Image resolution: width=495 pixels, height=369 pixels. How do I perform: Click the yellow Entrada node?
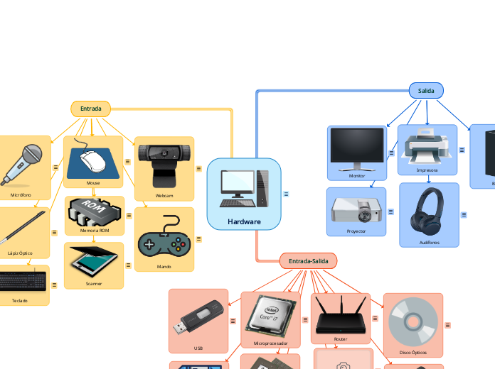click(90, 109)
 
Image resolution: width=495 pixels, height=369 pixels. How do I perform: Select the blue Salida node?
click(426, 90)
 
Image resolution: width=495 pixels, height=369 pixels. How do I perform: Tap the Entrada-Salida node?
click(308, 261)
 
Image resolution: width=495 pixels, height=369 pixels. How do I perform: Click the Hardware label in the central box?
click(244, 221)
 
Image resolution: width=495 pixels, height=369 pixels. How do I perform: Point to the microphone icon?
click(23, 164)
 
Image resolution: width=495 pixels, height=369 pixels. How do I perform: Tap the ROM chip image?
click(94, 211)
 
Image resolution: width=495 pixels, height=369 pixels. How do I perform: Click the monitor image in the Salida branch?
click(357, 148)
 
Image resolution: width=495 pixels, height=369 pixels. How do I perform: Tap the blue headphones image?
click(430, 211)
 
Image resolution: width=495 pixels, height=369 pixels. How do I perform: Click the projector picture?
click(356, 210)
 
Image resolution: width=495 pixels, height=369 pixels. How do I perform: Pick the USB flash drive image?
click(198, 319)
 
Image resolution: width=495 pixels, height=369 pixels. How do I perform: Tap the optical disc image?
click(412, 321)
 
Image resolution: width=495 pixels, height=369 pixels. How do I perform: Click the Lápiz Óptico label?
click(20, 253)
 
